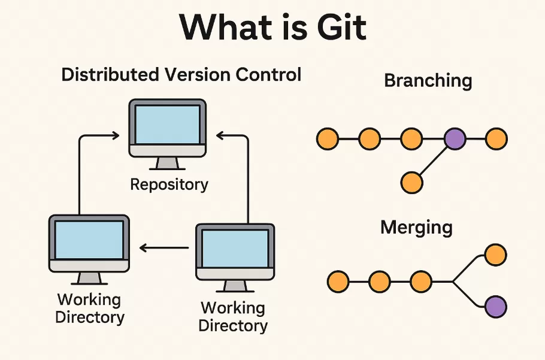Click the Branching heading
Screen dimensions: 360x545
[428, 81]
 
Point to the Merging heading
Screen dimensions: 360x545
[416, 228]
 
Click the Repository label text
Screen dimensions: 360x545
[169, 184]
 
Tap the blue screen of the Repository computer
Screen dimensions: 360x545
[167, 124]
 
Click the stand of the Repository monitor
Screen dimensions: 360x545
[167, 163]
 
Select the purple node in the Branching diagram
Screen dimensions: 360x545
[455, 139]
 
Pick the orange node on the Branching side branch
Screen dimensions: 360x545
[411, 182]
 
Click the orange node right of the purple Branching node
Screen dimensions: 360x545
[496, 139]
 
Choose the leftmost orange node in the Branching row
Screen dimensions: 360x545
[327, 139]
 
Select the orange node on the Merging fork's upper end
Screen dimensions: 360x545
[496, 255]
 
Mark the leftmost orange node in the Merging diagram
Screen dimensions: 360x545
[338, 280]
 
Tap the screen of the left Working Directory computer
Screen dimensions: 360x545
[89, 238]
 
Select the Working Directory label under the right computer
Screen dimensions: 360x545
[233, 317]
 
